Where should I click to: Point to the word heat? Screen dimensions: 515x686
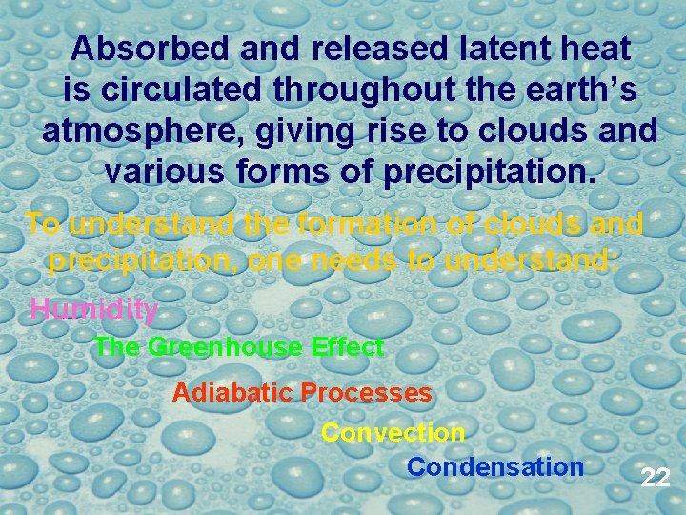[596, 49]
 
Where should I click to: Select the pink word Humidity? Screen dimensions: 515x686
[93, 309]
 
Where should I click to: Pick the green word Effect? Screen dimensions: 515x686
[348, 348]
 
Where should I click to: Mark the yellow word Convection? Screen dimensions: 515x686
[393, 433]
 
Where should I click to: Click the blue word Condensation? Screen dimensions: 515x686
[494, 467]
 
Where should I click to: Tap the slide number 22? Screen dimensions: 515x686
[655, 477]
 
